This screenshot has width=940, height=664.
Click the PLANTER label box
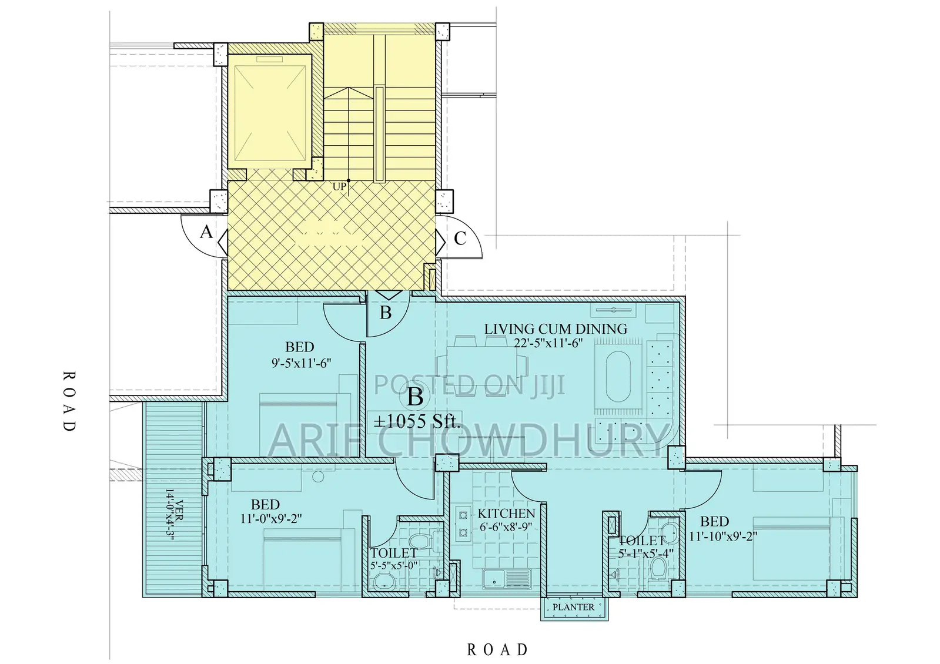[x=574, y=607]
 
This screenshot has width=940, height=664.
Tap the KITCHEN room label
[x=506, y=514]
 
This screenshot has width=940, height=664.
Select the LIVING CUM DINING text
[x=556, y=329]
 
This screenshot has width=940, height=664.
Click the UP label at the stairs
[x=339, y=187]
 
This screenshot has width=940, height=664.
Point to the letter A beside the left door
[x=206, y=233]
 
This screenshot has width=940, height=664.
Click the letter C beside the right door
[x=460, y=238]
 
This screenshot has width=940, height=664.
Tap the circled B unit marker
[x=415, y=397]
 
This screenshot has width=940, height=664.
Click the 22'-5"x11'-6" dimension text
[x=548, y=344]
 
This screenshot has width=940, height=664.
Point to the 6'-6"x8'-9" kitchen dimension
[x=506, y=527]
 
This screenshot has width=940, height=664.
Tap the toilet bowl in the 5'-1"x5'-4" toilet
[x=659, y=568]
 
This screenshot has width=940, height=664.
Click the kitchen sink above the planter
[x=507, y=578]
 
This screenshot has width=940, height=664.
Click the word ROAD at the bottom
[x=497, y=649]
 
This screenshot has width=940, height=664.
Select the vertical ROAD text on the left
[x=69, y=401]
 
